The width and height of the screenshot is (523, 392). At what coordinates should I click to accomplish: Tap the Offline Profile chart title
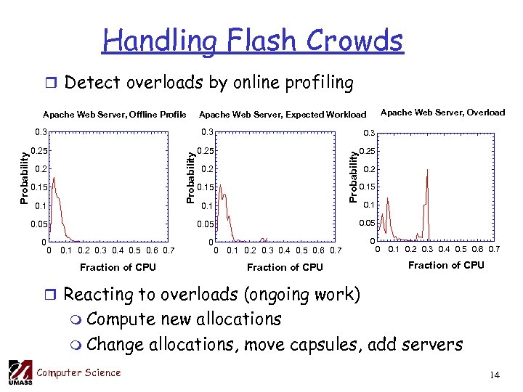(115, 114)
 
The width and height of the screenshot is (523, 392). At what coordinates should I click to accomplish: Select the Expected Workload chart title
(283, 114)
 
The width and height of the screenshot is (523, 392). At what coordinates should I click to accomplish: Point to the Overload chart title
(443, 112)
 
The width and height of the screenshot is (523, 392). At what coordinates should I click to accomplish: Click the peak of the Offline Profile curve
(52, 173)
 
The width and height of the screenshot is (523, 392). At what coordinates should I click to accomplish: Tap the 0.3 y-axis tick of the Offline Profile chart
(41, 132)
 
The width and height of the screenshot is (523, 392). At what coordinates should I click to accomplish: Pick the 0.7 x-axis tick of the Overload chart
(494, 250)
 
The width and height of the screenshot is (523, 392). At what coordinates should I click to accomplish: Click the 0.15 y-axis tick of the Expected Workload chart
(206, 188)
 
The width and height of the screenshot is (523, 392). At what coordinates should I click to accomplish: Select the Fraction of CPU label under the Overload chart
(446, 265)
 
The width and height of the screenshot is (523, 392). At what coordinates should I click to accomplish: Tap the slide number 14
(495, 375)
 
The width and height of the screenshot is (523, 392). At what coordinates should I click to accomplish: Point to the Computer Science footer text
(78, 373)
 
